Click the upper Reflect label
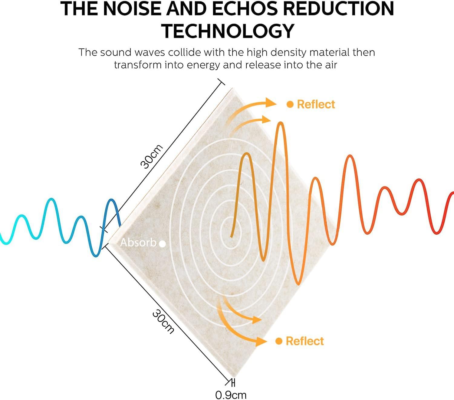tap(316, 104)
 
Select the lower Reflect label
tap(304, 341)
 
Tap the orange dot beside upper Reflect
tap(290, 104)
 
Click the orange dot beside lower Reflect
tap(279, 341)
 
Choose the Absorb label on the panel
tap(138, 243)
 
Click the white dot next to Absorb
tap(162, 244)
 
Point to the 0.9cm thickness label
tap(231, 395)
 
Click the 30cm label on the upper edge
tap(152, 157)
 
